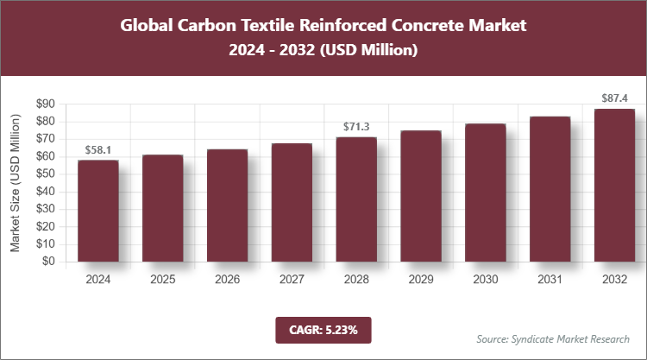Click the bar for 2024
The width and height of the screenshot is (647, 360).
(97, 211)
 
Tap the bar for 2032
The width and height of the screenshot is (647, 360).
(613, 185)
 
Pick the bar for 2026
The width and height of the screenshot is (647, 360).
(227, 205)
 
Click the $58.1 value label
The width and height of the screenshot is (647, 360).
(97, 150)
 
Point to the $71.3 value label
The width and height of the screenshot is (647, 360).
(355, 127)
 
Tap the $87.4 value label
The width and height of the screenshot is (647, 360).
(613, 98)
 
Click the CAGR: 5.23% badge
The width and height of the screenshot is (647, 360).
(323, 329)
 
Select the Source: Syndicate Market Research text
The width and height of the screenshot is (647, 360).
(552, 338)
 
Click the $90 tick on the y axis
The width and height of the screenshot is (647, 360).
(45, 104)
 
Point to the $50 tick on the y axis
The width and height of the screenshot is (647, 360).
(45, 174)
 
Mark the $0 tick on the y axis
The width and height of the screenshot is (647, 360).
(48, 262)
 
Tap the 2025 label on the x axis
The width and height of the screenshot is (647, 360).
(162, 281)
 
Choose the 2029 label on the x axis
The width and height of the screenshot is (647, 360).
(420, 281)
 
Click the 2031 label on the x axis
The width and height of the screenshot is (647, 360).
(549, 281)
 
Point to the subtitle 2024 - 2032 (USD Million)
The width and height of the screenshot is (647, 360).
(323, 51)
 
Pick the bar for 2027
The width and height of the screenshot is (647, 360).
(292, 203)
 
